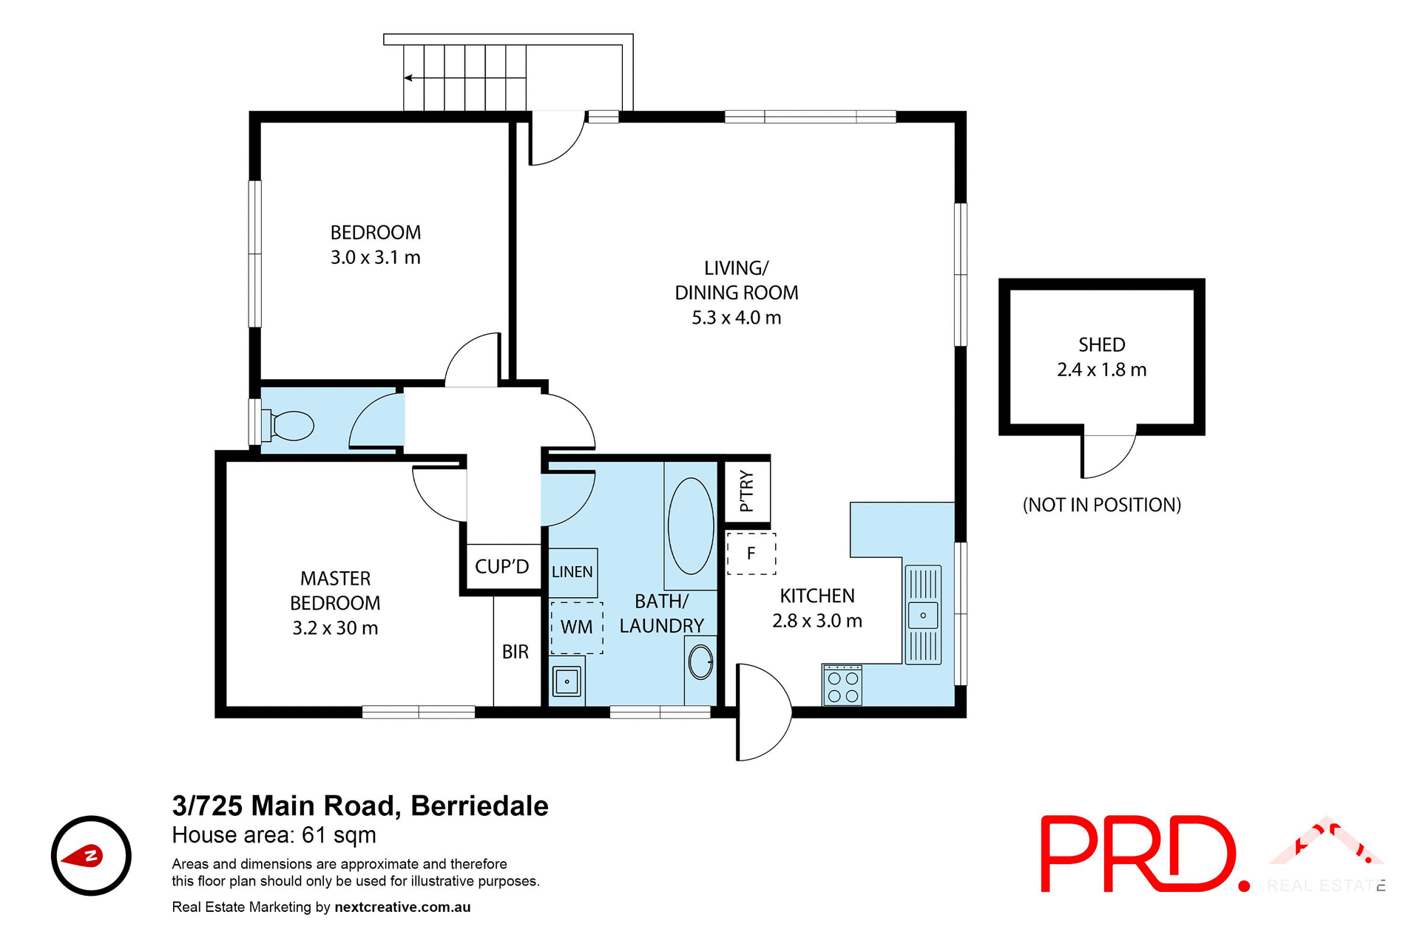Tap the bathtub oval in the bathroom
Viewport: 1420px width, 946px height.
click(x=691, y=526)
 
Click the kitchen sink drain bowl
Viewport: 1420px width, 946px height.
click(x=923, y=615)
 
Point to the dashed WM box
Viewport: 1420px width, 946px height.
click(x=577, y=627)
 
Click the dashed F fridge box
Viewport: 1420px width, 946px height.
click(x=751, y=554)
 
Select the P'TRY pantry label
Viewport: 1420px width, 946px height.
click(x=747, y=491)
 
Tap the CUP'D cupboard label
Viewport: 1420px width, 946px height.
click(x=501, y=567)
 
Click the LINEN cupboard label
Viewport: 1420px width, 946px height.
click(x=572, y=572)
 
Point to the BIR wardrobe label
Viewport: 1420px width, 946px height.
click(x=515, y=652)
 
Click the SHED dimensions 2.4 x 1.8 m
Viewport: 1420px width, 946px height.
click(x=1101, y=370)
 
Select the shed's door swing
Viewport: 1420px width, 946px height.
click(x=1107, y=455)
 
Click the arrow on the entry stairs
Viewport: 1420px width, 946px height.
click(x=409, y=78)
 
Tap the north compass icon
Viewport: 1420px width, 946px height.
click(x=91, y=856)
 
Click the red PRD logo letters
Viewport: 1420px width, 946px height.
click(x=1139, y=854)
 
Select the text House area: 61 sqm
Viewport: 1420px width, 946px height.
click(x=274, y=835)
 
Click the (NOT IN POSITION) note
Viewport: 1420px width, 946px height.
click(x=1101, y=505)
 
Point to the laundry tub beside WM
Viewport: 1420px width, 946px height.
click(x=567, y=681)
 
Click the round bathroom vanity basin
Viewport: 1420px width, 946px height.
click(x=700, y=661)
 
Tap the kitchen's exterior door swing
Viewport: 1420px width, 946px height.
click(x=764, y=712)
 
